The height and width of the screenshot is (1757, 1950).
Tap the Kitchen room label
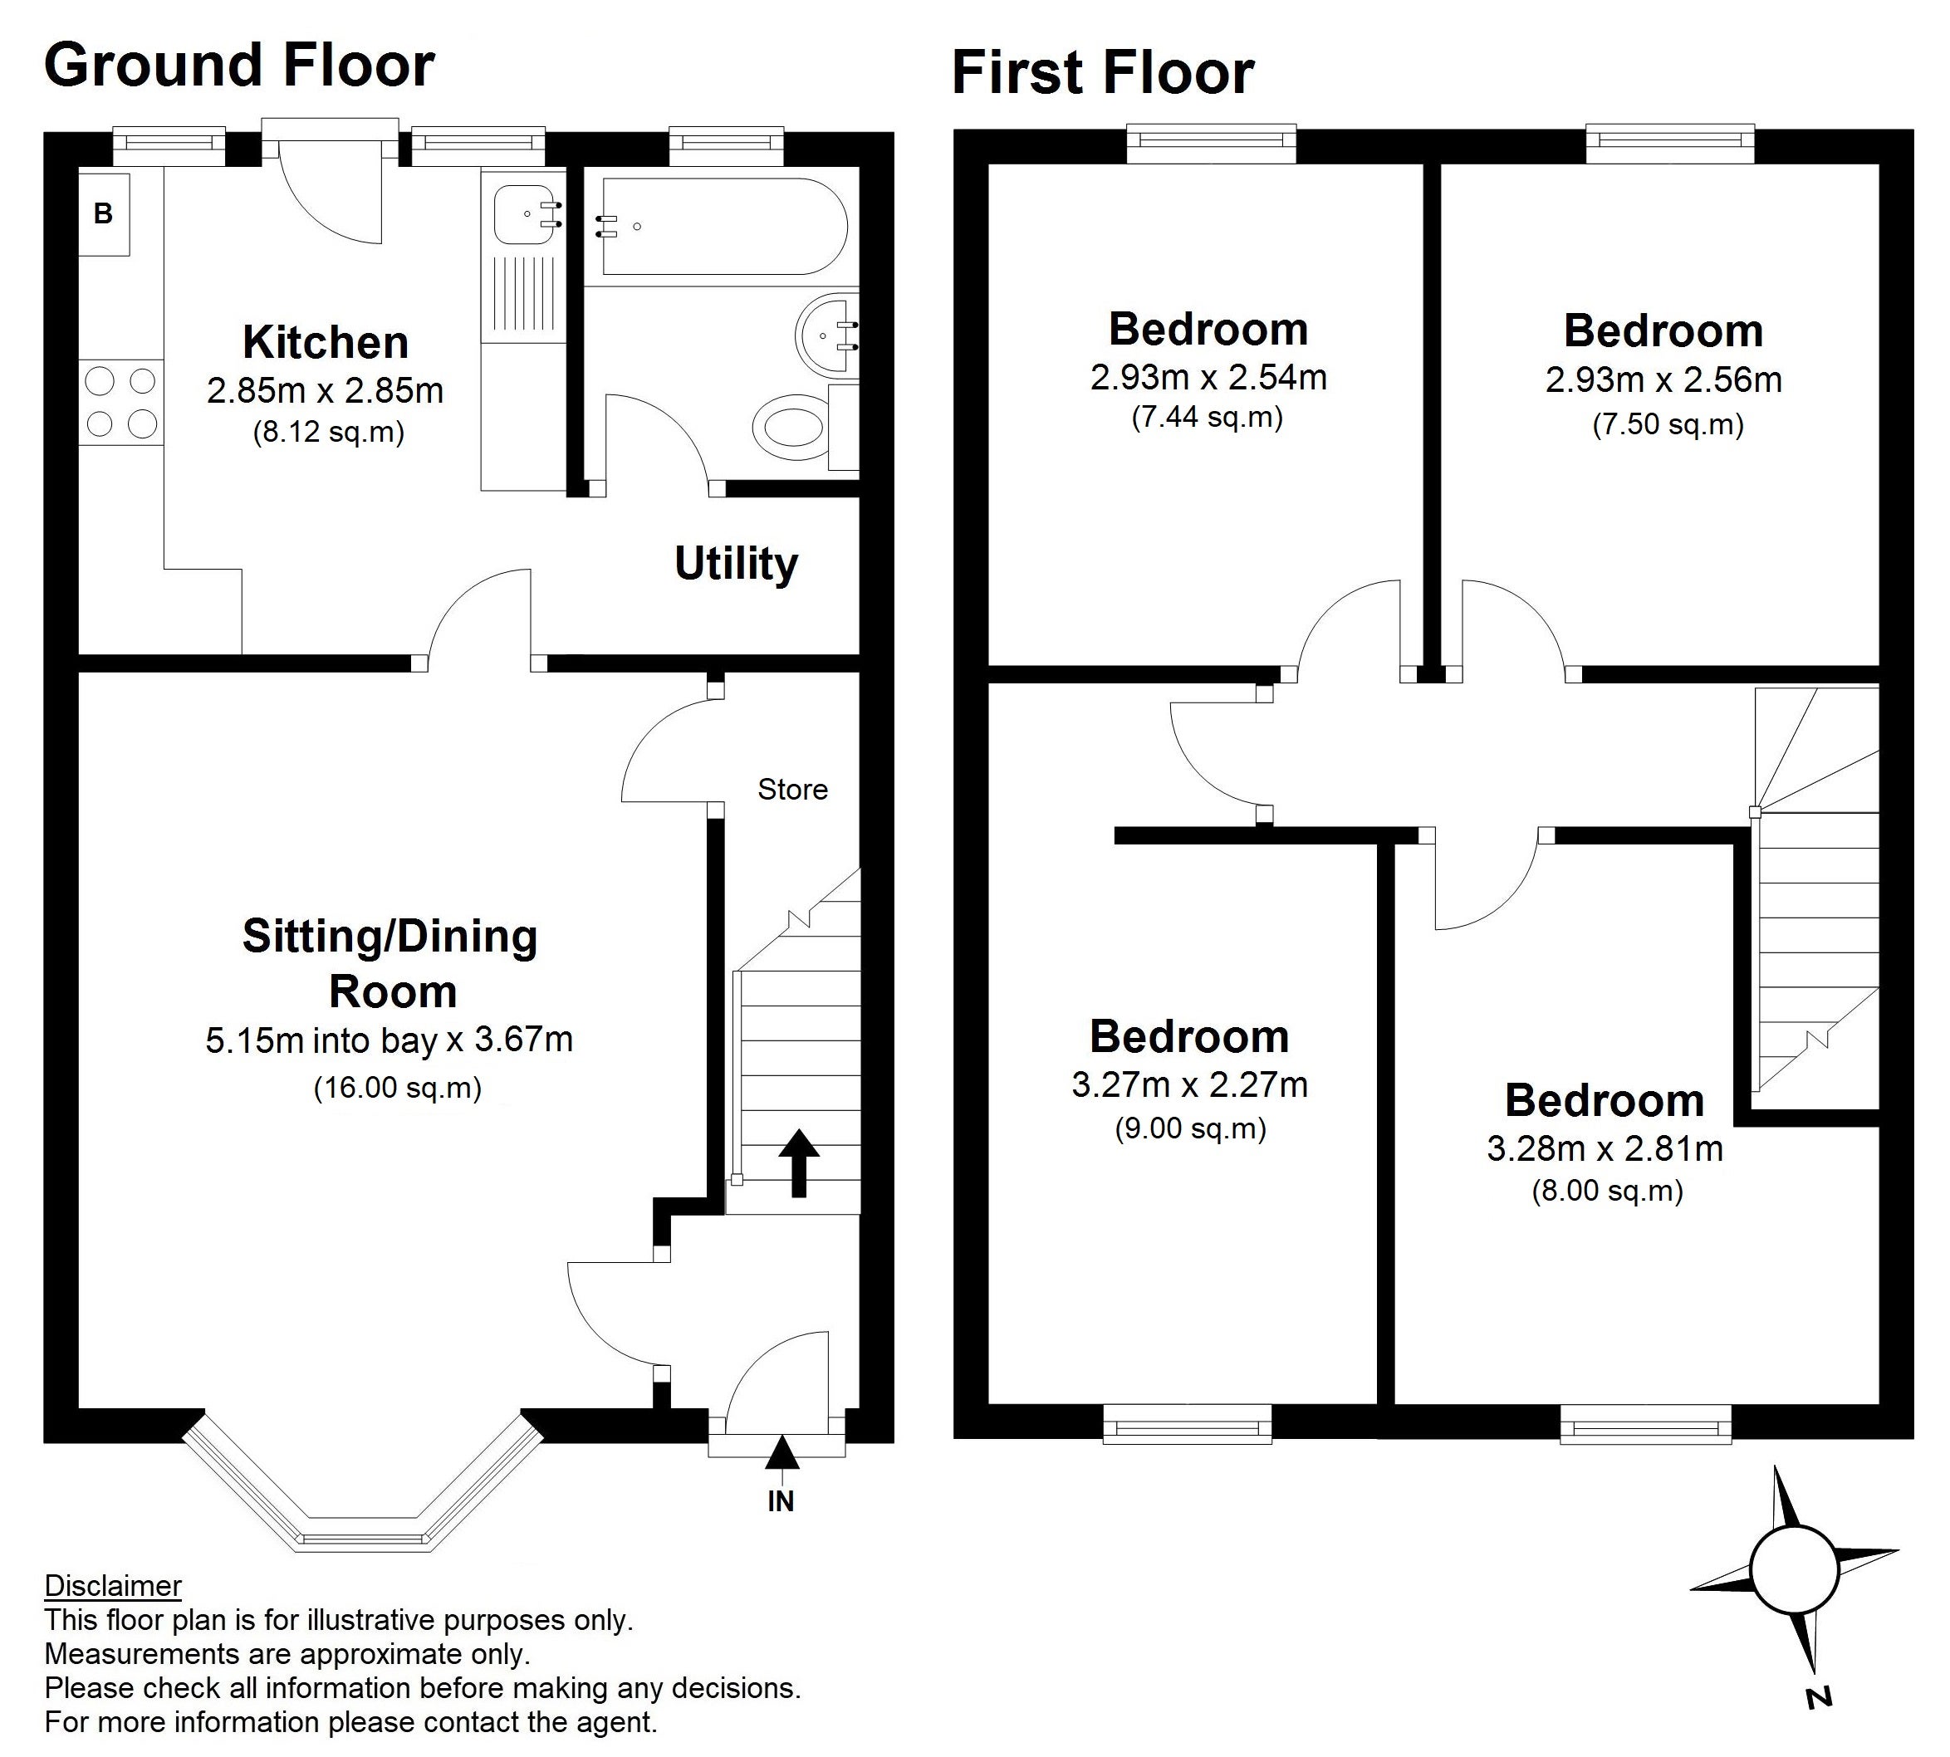click(x=326, y=343)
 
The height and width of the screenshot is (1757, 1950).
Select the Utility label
click(x=736, y=564)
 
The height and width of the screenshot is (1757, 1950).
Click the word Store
click(x=792, y=790)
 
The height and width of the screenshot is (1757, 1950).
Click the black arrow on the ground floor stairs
click(x=798, y=1163)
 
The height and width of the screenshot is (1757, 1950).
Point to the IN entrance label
click(x=781, y=1501)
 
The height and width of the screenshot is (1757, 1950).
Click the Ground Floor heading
click(x=239, y=66)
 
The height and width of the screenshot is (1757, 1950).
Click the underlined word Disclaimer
click(x=113, y=1586)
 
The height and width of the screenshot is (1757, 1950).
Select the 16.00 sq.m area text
click(x=398, y=1088)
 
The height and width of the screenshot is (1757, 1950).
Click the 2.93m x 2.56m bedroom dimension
click(x=1663, y=380)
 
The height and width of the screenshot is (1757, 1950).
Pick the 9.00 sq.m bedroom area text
click(x=1190, y=1128)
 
